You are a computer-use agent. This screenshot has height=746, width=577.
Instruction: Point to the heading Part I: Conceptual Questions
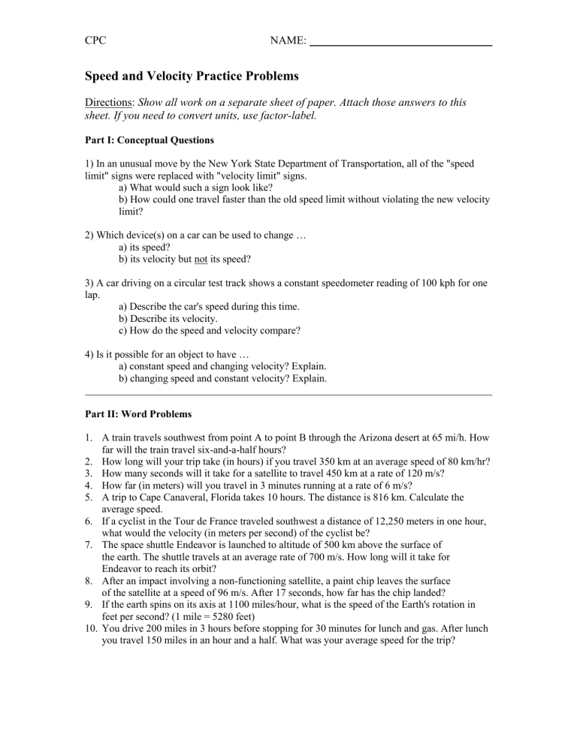pyautogui.click(x=150, y=140)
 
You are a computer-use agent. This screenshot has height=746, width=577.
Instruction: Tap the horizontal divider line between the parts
pyautogui.click(x=288, y=394)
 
